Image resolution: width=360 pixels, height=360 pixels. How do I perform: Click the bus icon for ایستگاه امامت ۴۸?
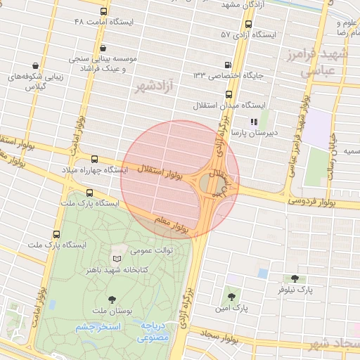coord(104,12)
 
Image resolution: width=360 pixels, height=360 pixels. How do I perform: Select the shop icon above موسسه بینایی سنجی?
coord(103,48)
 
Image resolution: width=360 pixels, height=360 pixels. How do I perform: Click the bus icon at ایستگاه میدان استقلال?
coord(228,94)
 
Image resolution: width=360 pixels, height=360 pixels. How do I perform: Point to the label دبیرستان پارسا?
coord(258,131)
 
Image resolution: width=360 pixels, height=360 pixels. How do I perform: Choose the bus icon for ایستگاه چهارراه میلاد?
coord(95,159)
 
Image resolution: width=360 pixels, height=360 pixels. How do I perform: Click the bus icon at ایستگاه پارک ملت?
coord(89,192)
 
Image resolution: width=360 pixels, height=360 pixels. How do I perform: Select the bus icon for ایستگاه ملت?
coord(56,233)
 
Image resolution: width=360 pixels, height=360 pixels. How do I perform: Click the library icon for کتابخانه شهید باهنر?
coord(117,259)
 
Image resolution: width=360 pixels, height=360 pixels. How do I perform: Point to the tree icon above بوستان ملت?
coord(112,298)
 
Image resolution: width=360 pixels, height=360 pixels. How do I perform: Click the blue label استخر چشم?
coord(98,327)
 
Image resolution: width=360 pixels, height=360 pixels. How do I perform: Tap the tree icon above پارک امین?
coord(231,297)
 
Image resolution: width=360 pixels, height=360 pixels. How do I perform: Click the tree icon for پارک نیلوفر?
coord(294,278)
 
